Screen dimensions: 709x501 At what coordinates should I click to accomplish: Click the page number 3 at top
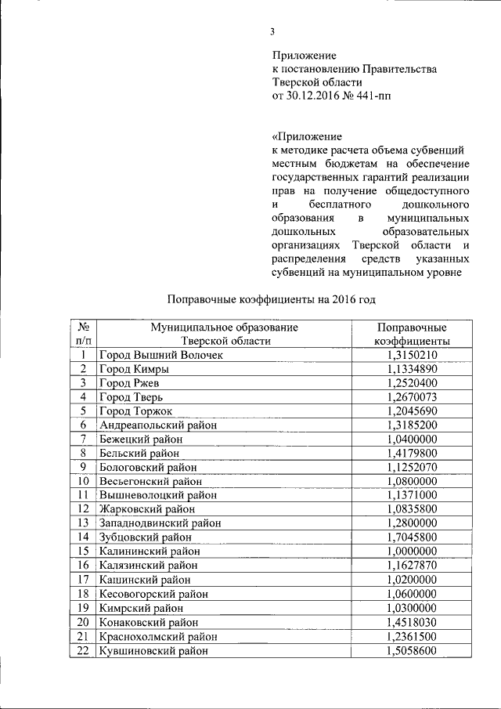(x=272, y=32)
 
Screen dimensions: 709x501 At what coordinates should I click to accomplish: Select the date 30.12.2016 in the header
(x=315, y=97)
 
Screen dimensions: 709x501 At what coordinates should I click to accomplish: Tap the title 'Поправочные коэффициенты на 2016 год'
(x=272, y=299)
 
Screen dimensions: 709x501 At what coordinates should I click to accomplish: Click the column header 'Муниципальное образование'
(x=225, y=327)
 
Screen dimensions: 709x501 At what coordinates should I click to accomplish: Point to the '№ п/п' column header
(x=84, y=335)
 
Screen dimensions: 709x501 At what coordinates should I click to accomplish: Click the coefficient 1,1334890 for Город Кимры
(x=412, y=370)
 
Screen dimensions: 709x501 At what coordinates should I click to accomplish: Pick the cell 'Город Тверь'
(x=131, y=397)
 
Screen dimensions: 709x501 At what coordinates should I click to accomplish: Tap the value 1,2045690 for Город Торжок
(x=412, y=411)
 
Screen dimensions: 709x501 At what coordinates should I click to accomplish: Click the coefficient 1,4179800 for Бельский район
(x=412, y=453)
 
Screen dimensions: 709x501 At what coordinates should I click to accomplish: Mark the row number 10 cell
(x=84, y=481)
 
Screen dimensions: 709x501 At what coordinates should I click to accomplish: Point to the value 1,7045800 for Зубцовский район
(x=412, y=537)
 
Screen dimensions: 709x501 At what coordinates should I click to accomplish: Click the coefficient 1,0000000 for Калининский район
(x=412, y=551)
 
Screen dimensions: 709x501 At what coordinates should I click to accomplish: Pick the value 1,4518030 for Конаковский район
(x=412, y=620)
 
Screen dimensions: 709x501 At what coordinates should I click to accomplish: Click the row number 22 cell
(x=84, y=649)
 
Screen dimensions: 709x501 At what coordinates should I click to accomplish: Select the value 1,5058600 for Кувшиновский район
(x=412, y=649)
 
